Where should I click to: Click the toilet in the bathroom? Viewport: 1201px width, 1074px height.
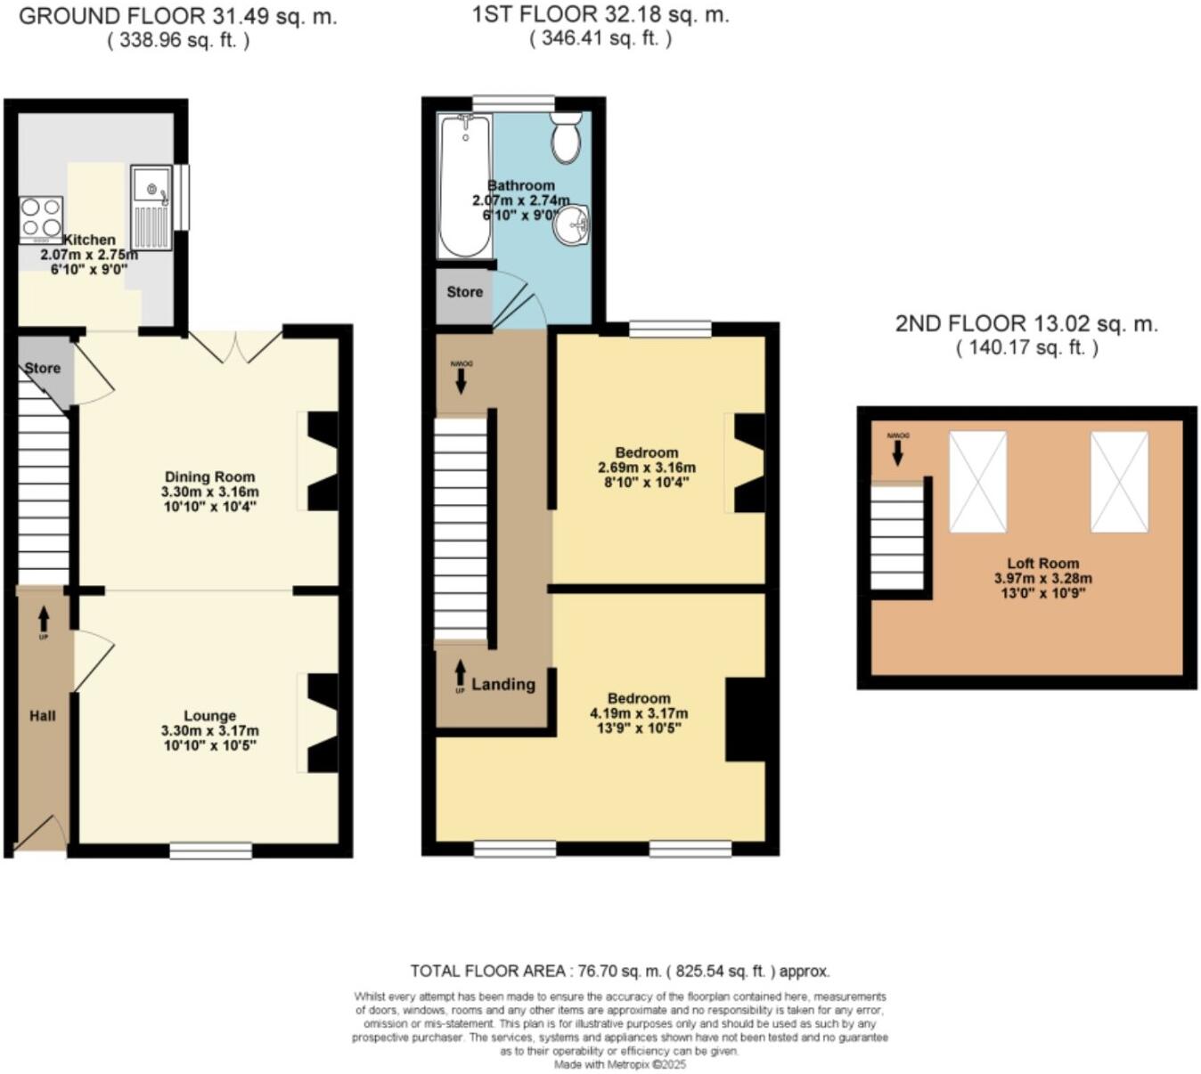click(566, 138)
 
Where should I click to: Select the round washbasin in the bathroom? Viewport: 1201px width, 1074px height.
click(570, 224)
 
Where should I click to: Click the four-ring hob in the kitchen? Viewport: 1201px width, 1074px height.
click(41, 219)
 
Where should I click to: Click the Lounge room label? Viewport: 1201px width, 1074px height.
click(209, 715)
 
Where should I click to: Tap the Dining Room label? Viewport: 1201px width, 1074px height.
click(209, 476)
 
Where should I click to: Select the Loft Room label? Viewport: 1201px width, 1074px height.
click(1042, 563)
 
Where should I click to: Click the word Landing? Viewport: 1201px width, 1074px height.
click(503, 684)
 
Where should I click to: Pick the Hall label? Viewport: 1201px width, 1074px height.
click(42, 715)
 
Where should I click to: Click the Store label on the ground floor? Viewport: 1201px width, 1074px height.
click(42, 368)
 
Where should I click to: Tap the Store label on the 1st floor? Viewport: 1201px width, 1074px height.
click(464, 291)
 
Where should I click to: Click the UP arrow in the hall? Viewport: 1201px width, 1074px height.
click(43, 619)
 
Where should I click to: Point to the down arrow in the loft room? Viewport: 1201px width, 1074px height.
click(897, 452)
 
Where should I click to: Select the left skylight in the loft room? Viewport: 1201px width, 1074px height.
click(977, 482)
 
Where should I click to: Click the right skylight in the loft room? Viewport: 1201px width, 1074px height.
click(1119, 482)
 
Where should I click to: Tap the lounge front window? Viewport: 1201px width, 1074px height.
click(210, 850)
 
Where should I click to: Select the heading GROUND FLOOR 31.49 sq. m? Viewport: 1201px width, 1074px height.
click(178, 16)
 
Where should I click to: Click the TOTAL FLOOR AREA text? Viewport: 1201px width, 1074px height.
click(619, 971)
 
